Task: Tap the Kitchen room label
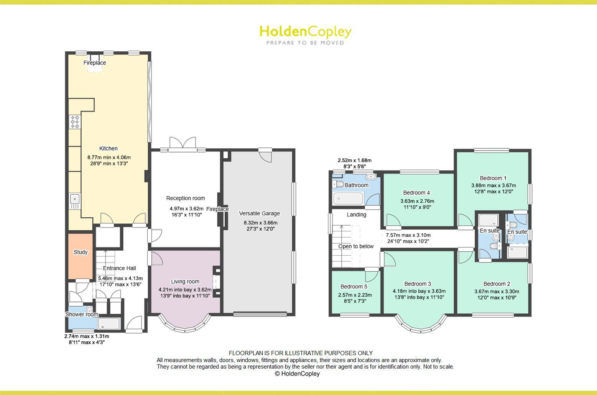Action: [x=109, y=149]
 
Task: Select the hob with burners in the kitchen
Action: [x=75, y=122]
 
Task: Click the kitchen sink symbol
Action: [x=74, y=199]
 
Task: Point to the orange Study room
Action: [x=81, y=256]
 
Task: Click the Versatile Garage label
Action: [x=260, y=213]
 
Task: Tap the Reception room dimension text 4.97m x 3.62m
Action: [x=187, y=209]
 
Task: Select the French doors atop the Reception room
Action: [x=183, y=143]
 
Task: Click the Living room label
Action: [x=185, y=282]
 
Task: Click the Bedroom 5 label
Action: [x=354, y=287]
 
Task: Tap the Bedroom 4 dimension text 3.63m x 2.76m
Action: [x=417, y=201]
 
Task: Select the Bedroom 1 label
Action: [x=493, y=178]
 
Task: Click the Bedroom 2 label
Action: [x=497, y=284]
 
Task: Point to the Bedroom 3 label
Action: [x=418, y=284]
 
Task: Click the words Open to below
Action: [x=356, y=246]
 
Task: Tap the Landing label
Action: [x=357, y=215]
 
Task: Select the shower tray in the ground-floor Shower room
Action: [x=109, y=324]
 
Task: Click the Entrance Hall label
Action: [x=120, y=268]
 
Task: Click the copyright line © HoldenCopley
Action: [x=298, y=374]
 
